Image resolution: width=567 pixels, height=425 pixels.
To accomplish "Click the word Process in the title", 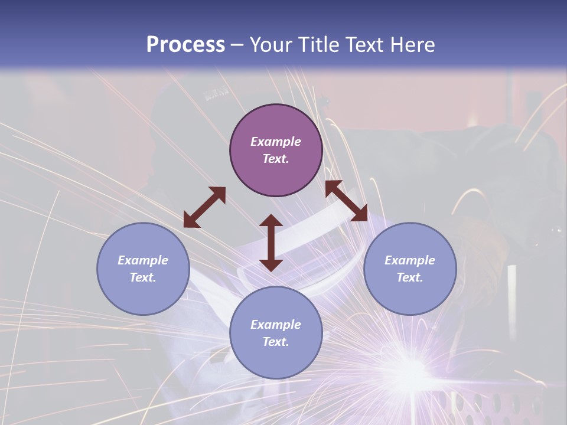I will click(185, 44).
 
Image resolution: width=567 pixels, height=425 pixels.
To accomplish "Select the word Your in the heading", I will click(271, 44).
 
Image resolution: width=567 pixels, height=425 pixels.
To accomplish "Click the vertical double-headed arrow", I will click(271, 243).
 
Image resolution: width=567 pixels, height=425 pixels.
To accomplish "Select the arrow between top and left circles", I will click(205, 207).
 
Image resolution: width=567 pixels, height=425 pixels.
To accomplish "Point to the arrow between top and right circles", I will click(346, 201).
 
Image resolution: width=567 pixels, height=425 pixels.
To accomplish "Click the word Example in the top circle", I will click(276, 142).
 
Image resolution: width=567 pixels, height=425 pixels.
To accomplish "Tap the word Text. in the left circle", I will click(143, 277).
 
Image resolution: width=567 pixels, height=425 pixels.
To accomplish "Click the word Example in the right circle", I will click(410, 260).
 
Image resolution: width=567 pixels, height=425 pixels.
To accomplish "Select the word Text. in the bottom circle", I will click(276, 342).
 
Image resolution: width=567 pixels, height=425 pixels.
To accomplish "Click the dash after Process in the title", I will click(237, 45).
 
